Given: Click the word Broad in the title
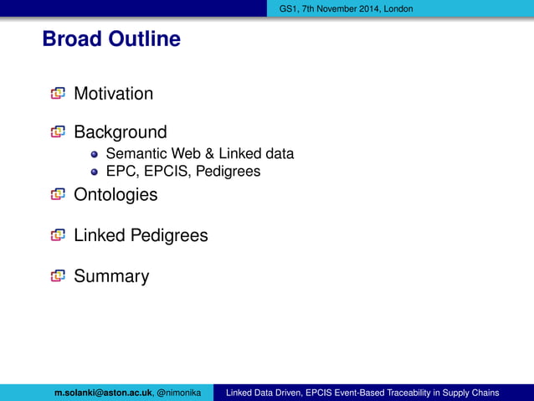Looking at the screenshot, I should click(71, 39).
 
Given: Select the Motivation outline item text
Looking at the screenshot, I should click(113, 94).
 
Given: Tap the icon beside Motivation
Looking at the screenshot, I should click(57, 94).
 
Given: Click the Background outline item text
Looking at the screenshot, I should click(120, 132).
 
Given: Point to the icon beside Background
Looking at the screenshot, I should click(57, 132).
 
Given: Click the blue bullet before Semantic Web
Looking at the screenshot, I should click(95, 155).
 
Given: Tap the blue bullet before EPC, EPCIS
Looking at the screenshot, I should click(95, 172).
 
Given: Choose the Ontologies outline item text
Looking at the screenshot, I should click(116, 195).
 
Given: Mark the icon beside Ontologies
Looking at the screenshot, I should click(57, 195).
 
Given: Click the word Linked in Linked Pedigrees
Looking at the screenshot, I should click(99, 235).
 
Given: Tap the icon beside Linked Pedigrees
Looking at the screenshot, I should click(57, 235).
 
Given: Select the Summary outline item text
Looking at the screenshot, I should click(111, 276).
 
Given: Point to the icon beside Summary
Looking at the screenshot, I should click(57, 276).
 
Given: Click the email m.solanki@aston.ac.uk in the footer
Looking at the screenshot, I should click(103, 393).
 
